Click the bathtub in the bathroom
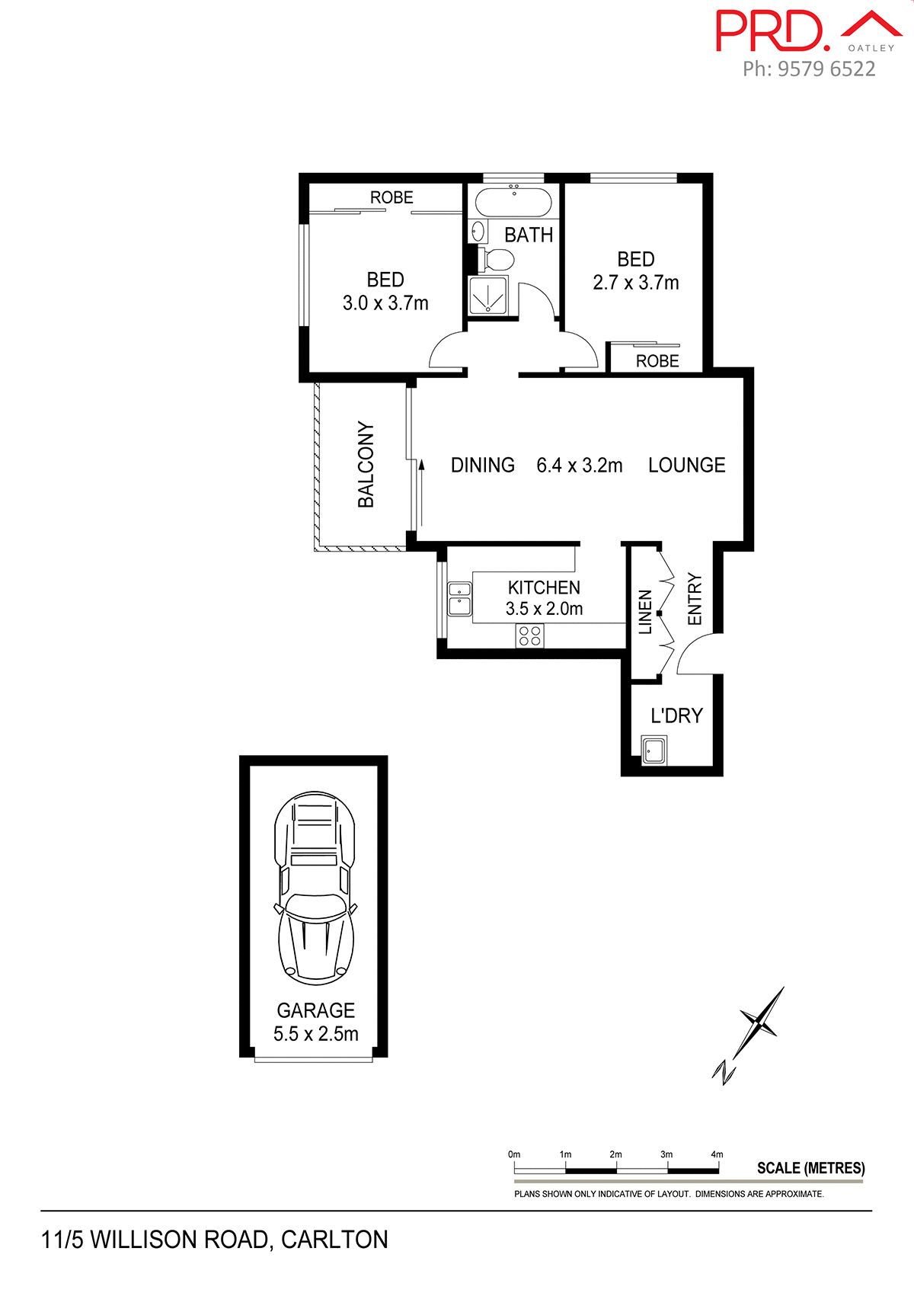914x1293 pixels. click(513, 203)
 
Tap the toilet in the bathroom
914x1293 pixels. click(498, 260)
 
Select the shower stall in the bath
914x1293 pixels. click(487, 295)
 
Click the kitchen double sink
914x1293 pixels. click(459, 598)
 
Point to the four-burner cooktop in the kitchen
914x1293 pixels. click(530, 635)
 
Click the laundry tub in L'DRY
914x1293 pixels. click(654, 750)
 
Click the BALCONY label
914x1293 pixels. click(366, 465)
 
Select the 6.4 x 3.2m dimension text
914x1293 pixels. click(579, 466)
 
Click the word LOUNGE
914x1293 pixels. click(686, 466)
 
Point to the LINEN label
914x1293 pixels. click(645, 612)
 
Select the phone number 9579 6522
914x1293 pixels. click(826, 69)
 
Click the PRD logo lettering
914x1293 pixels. click(769, 32)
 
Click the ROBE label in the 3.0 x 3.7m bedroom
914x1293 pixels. click(391, 197)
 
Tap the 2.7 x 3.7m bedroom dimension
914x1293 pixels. click(636, 283)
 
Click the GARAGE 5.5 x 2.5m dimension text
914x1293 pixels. click(315, 1034)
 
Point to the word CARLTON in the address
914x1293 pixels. click(334, 1240)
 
